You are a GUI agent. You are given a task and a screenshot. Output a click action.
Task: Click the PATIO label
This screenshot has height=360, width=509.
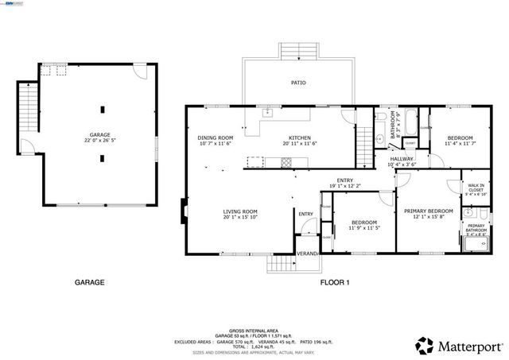click(x=298, y=83)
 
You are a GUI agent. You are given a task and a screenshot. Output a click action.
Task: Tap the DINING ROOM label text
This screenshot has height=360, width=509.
click(x=215, y=137)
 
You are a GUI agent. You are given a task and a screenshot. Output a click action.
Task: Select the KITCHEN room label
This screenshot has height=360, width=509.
click(x=299, y=137)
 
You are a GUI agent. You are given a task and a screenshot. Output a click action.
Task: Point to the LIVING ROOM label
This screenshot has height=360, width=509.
click(x=239, y=211)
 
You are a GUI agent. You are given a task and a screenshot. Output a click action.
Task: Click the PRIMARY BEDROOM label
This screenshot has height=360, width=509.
click(x=428, y=211)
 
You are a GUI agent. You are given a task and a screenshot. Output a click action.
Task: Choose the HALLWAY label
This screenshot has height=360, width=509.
click(x=401, y=159)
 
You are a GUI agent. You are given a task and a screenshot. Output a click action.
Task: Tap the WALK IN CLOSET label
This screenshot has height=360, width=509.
click(x=476, y=188)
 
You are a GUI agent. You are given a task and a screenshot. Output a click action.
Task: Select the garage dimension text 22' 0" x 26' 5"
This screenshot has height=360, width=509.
click(x=99, y=141)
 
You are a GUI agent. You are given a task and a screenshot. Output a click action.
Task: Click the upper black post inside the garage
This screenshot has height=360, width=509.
click(x=102, y=110)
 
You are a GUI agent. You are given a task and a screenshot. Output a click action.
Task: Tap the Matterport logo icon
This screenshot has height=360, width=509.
click(x=424, y=345)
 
